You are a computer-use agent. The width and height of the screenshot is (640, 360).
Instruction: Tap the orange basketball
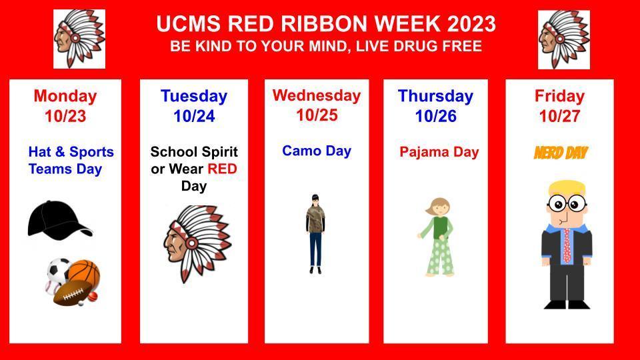point(84,273)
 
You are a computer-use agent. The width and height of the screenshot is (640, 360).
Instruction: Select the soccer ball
point(59,269)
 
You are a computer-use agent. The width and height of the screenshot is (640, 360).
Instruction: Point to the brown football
point(72,293)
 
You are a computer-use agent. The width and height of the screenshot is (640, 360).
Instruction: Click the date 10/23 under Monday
point(65,117)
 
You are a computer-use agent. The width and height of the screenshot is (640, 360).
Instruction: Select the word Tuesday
point(193,96)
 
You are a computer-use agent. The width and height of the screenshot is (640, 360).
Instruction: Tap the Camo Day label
point(316,151)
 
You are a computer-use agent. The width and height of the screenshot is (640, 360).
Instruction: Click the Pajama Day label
point(439,152)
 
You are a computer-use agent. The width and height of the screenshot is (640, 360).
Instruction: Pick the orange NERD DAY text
point(560,153)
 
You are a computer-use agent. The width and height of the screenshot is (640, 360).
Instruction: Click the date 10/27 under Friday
point(559,117)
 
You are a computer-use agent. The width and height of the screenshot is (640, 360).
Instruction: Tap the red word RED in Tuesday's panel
point(222,169)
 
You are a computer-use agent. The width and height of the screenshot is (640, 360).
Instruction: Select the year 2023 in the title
point(471,25)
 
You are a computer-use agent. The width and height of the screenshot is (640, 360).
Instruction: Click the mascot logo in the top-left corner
point(79,39)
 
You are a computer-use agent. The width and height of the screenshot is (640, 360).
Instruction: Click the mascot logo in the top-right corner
point(563,39)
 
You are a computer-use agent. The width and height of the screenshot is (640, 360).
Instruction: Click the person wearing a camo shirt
point(315,233)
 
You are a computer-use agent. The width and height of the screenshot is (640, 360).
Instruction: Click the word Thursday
point(435,96)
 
